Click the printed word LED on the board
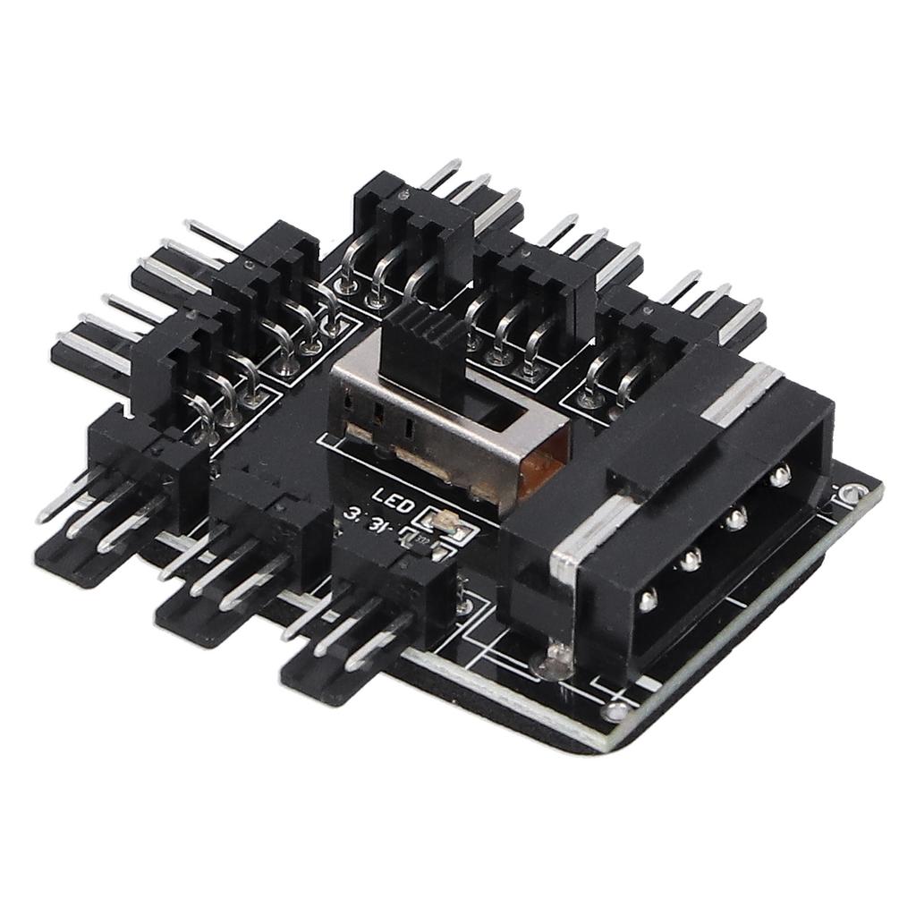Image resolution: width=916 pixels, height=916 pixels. (393, 498)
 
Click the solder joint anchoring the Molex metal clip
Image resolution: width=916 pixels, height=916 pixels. (553, 663)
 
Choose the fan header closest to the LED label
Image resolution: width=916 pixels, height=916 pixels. (394, 581)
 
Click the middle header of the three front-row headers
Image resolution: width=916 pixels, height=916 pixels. (259, 546)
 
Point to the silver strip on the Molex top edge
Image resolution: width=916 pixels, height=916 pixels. (742, 394)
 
